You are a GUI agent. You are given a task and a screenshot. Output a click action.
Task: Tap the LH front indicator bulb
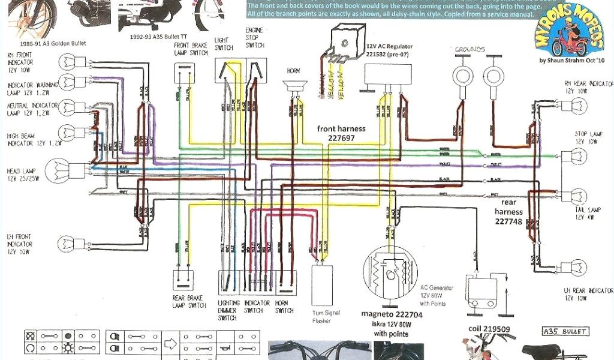tap(66, 243)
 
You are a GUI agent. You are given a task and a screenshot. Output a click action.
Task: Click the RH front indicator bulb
tap(66, 62)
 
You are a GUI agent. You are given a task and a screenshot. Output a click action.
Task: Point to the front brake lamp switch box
tap(185, 72)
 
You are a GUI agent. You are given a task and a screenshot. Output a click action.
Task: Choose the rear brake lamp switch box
tap(185, 281)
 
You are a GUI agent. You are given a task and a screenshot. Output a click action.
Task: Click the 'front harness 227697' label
tap(342, 133)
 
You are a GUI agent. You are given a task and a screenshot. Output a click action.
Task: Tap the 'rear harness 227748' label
tap(509, 211)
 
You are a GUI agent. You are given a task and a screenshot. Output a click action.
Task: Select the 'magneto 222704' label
tap(392, 314)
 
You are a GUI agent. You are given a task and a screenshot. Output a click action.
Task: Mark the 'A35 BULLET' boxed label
tap(565, 331)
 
